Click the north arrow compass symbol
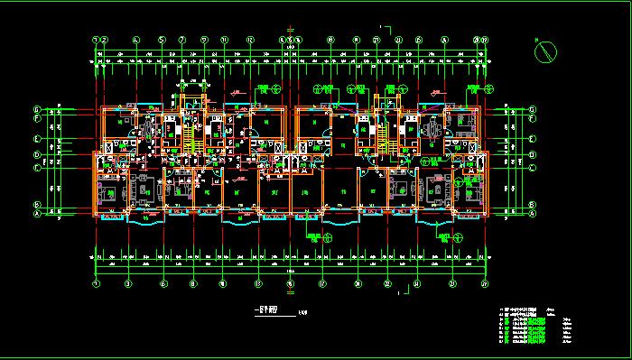(544, 52)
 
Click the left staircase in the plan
(190, 135)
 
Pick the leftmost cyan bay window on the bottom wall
(143, 217)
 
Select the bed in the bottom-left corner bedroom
(110, 191)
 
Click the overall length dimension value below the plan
(291, 272)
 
